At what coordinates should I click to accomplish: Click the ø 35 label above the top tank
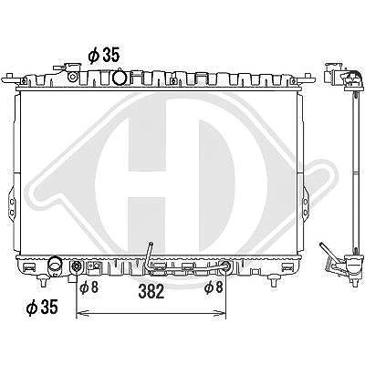tap(104, 56)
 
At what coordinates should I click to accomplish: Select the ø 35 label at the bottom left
tap(42, 307)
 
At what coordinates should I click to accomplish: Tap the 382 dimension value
tap(151, 291)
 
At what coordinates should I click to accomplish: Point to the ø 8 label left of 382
tap(89, 287)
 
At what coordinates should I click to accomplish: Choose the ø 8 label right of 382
tap(214, 287)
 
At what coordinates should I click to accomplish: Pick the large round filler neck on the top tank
tap(119, 78)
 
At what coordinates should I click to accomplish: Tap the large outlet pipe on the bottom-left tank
tap(55, 266)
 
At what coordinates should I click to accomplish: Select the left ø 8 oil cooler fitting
tap(76, 267)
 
